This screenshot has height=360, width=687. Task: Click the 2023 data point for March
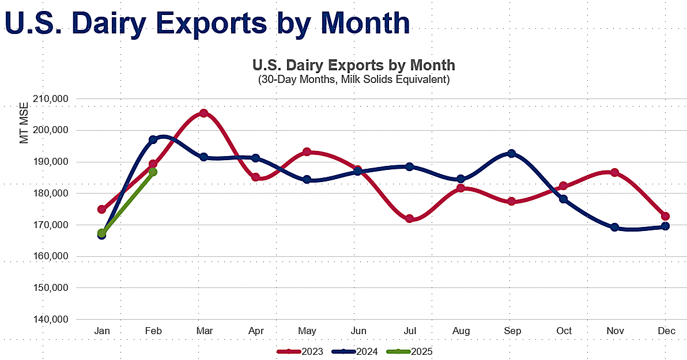[203, 113]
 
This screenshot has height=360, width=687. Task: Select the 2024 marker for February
[153, 140]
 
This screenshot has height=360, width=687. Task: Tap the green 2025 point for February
[153, 172]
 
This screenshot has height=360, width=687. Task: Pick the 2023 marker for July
[410, 218]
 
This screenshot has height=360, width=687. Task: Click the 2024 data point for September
[512, 154]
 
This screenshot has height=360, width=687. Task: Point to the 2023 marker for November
[614, 173]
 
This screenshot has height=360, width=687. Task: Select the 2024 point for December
[666, 226]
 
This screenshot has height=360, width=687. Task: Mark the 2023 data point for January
[102, 209]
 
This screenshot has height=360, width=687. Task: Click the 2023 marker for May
[307, 152]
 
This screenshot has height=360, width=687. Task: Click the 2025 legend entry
[410, 351]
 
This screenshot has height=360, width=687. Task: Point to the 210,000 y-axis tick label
[53, 98]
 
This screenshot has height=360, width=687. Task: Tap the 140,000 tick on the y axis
[53, 320]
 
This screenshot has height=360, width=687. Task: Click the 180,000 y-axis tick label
[53, 194]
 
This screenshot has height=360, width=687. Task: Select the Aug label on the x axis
[461, 331]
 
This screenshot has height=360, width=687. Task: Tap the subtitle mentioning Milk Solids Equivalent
[353, 79]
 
